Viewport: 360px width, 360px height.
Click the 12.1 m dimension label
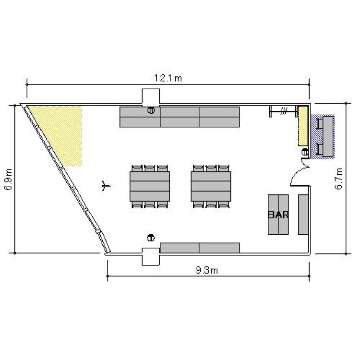168,78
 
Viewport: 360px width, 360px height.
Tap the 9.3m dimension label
207,270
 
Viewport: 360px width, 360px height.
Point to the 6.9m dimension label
9,180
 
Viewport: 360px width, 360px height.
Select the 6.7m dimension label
339,179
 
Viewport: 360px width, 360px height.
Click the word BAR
278,215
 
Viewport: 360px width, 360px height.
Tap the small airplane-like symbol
106,186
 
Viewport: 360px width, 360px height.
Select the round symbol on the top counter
151,110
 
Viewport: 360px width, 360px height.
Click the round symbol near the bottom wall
151,238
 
